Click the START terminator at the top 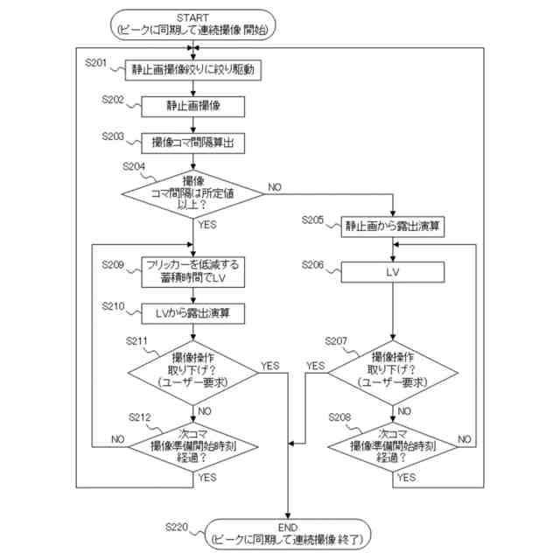[x=192, y=24]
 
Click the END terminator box [x=288, y=534]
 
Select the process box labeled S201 [x=192, y=70]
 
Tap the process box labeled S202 [x=192, y=107]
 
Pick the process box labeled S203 [x=192, y=143]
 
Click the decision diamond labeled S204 [x=192, y=194]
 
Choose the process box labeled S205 [x=393, y=227]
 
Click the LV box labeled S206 [x=393, y=272]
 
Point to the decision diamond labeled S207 [x=393, y=373]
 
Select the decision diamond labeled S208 [x=393, y=446]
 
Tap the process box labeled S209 [x=192, y=272]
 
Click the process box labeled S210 [x=192, y=313]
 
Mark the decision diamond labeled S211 [x=192, y=373]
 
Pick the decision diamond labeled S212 [x=192, y=446]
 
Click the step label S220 [x=177, y=527]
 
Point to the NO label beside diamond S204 [x=275, y=187]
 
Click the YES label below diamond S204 [x=207, y=225]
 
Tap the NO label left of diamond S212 [x=118, y=439]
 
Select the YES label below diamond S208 [x=407, y=478]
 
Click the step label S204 [x=134, y=166]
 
